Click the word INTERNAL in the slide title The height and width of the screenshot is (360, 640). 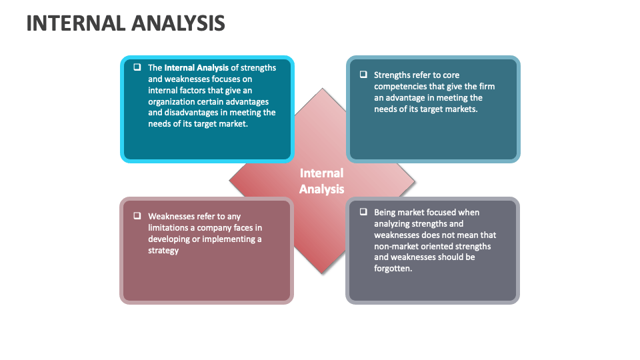(75, 23)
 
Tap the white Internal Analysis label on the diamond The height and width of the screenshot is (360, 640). (321, 181)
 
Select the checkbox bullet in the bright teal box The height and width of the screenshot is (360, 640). (137, 67)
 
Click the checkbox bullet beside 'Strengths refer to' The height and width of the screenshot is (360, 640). (363, 75)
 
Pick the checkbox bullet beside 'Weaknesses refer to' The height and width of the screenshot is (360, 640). (137, 216)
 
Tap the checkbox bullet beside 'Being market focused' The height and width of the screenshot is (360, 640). (363, 212)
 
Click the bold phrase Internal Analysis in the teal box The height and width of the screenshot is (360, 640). (197, 67)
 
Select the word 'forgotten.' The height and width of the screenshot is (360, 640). (393, 269)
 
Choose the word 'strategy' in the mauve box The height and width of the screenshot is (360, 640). (163, 251)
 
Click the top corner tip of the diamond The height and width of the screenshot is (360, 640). (323, 89)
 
